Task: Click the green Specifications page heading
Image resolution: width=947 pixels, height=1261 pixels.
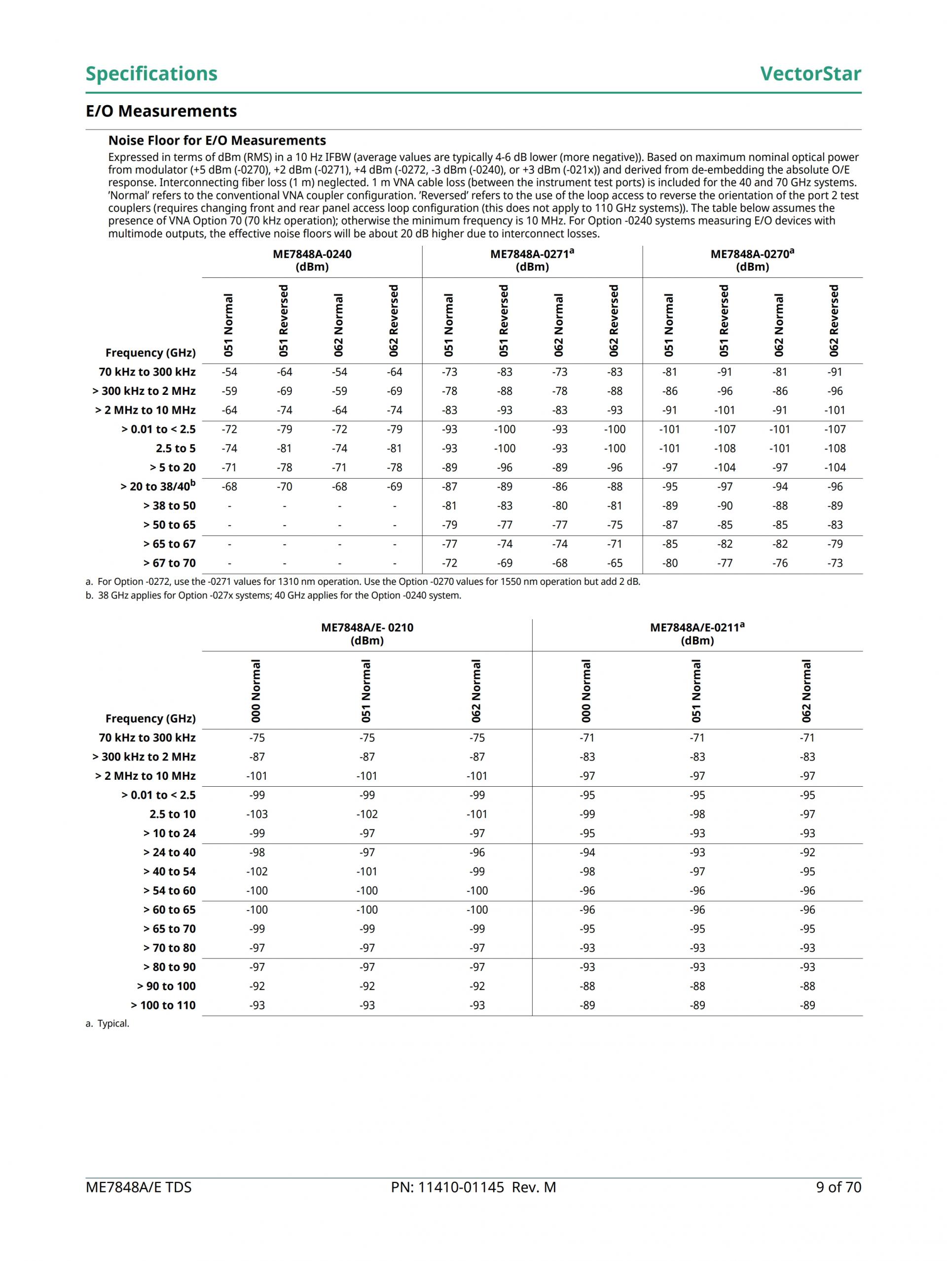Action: tap(151, 74)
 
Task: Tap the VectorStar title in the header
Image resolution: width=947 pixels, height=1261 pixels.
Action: tap(810, 74)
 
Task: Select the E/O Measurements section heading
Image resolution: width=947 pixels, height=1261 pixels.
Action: tap(161, 111)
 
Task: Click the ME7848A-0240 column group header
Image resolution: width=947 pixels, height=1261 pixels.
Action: tap(312, 261)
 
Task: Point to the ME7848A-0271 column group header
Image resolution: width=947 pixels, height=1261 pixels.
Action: tap(532, 261)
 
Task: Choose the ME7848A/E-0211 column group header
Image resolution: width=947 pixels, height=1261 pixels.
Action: tap(697, 634)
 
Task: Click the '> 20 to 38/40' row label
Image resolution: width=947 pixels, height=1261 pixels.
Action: tap(158, 486)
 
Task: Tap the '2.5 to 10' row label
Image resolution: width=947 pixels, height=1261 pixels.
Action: tap(172, 814)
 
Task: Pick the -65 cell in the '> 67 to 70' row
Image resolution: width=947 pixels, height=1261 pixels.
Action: tap(614, 563)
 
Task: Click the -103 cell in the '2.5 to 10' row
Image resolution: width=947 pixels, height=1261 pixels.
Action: tap(257, 814)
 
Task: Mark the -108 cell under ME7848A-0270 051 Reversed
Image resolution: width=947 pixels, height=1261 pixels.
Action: tap(725, 449)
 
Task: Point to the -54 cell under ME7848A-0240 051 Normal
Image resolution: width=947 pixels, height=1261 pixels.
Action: tap(229, 372)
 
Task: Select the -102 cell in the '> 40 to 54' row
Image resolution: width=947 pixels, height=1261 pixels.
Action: tap(257, 872)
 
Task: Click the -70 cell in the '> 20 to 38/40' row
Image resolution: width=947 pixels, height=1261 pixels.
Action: tap(284, 487)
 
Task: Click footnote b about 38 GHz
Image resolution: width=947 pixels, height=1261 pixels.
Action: tap(274, 596)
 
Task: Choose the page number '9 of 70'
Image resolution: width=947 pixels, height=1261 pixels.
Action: tap(838, 1187)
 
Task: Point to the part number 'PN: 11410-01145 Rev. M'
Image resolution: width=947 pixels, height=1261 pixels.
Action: tap(473, 1187)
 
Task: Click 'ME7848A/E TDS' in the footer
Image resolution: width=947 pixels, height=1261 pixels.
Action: tap(139, 1187)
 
